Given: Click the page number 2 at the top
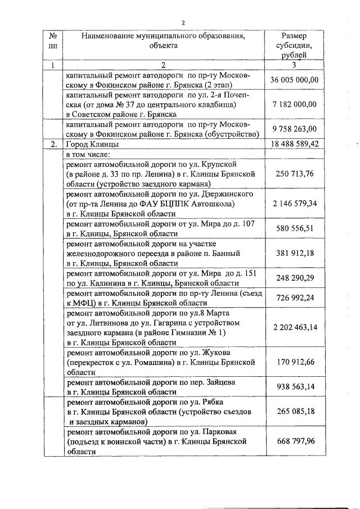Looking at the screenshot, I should (x=183, y=22).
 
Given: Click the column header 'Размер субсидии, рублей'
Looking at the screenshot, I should (x=294, y=46).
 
